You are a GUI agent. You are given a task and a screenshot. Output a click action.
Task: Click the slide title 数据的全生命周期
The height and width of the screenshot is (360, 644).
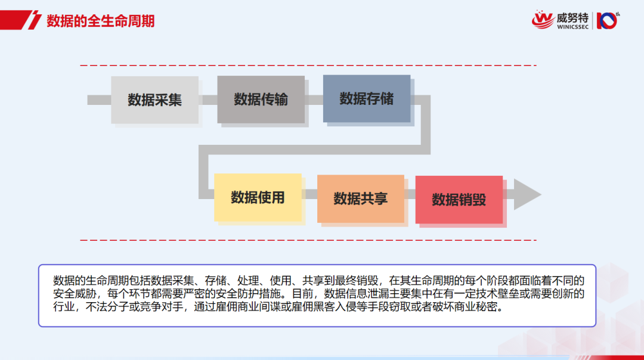(x=101, y=21)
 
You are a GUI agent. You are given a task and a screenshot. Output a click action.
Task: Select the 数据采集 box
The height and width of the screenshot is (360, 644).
(x=154, y=100)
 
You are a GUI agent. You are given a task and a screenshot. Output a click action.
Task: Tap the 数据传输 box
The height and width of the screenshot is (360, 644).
(x=261, y=100)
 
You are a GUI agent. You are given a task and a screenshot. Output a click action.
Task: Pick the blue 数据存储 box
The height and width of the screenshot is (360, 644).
(x=367, y=98)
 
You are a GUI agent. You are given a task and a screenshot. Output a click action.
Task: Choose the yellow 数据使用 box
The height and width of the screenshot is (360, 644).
(x=258, y=197)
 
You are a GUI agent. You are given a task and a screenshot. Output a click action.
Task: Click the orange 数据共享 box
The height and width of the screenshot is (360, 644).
(x=360, y=198)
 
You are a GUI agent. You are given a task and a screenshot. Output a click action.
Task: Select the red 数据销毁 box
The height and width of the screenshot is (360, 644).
(x=459, y=200)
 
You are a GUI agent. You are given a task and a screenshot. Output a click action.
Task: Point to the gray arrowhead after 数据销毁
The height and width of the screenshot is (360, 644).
(x=527, y=195)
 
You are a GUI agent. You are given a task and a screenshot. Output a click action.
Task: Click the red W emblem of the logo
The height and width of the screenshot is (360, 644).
(x=543, y=19)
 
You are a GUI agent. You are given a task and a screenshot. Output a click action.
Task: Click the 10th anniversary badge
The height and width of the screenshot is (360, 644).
(x=608, y=20)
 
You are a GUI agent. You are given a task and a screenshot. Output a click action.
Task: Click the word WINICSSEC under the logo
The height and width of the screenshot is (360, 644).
(x=572, y=27)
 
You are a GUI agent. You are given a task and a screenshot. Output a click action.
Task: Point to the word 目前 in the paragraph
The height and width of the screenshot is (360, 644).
(x=303, y=294)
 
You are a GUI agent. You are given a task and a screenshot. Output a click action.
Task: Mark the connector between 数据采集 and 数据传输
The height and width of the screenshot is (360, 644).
(x=208, y=100)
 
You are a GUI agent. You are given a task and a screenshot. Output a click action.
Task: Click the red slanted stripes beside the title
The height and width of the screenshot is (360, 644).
(x=30, y=21)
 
